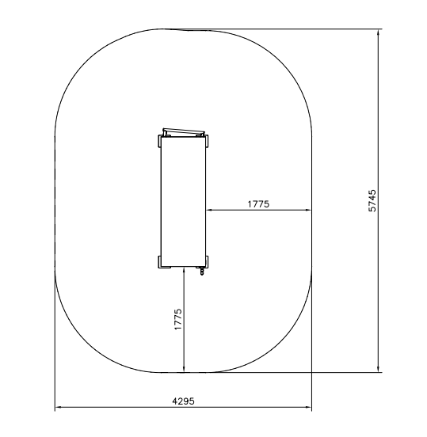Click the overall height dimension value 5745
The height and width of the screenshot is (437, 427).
coord(372,200)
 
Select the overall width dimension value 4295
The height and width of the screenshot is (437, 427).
coord(183,401)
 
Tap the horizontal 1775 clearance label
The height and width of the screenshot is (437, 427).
coord(258,204)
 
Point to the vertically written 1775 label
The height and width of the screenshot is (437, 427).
coord(178,319)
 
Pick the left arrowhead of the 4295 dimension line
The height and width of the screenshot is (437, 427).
coord(59,407)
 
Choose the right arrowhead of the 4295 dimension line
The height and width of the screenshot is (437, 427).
coord(308,407)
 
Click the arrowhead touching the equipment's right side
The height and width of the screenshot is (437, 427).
coord(209,210)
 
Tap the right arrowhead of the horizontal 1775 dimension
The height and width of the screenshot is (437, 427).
coord(308,210)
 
